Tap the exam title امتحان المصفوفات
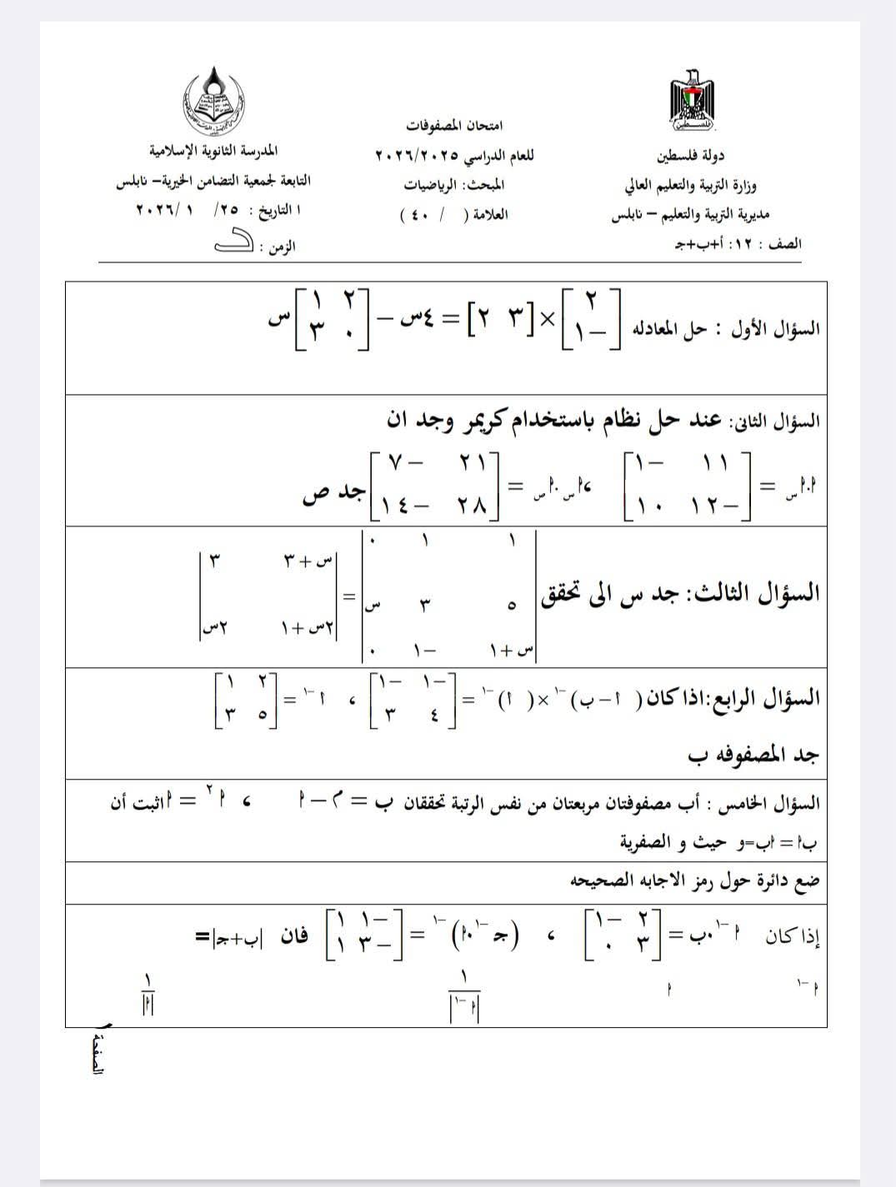pyautogui.click(x=454, y=126)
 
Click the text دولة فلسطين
pyautogui.click(x=690, y=155)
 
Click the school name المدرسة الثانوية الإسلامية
pyautogui.click(x=213, y=152)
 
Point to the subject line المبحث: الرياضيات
pyautogui.click(x=455, y=185)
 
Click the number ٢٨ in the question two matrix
pyautogui.click(x=471, y=505)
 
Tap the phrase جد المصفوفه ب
pyautogui.click(x=753, y=756)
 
